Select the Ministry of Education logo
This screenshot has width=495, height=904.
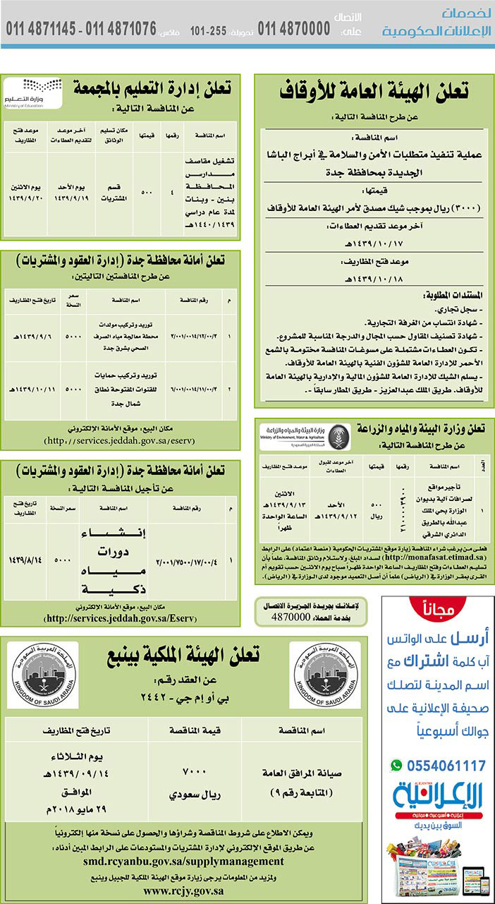click(x=32, y=92)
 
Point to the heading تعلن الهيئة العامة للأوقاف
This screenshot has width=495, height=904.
click(x=374, y=91)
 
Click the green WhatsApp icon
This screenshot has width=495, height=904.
click(x=396, y=765)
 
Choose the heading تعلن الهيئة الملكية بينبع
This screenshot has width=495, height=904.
click(x=184, y=656)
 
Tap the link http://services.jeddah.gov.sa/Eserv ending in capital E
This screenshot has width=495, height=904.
click(x=121, y=618)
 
